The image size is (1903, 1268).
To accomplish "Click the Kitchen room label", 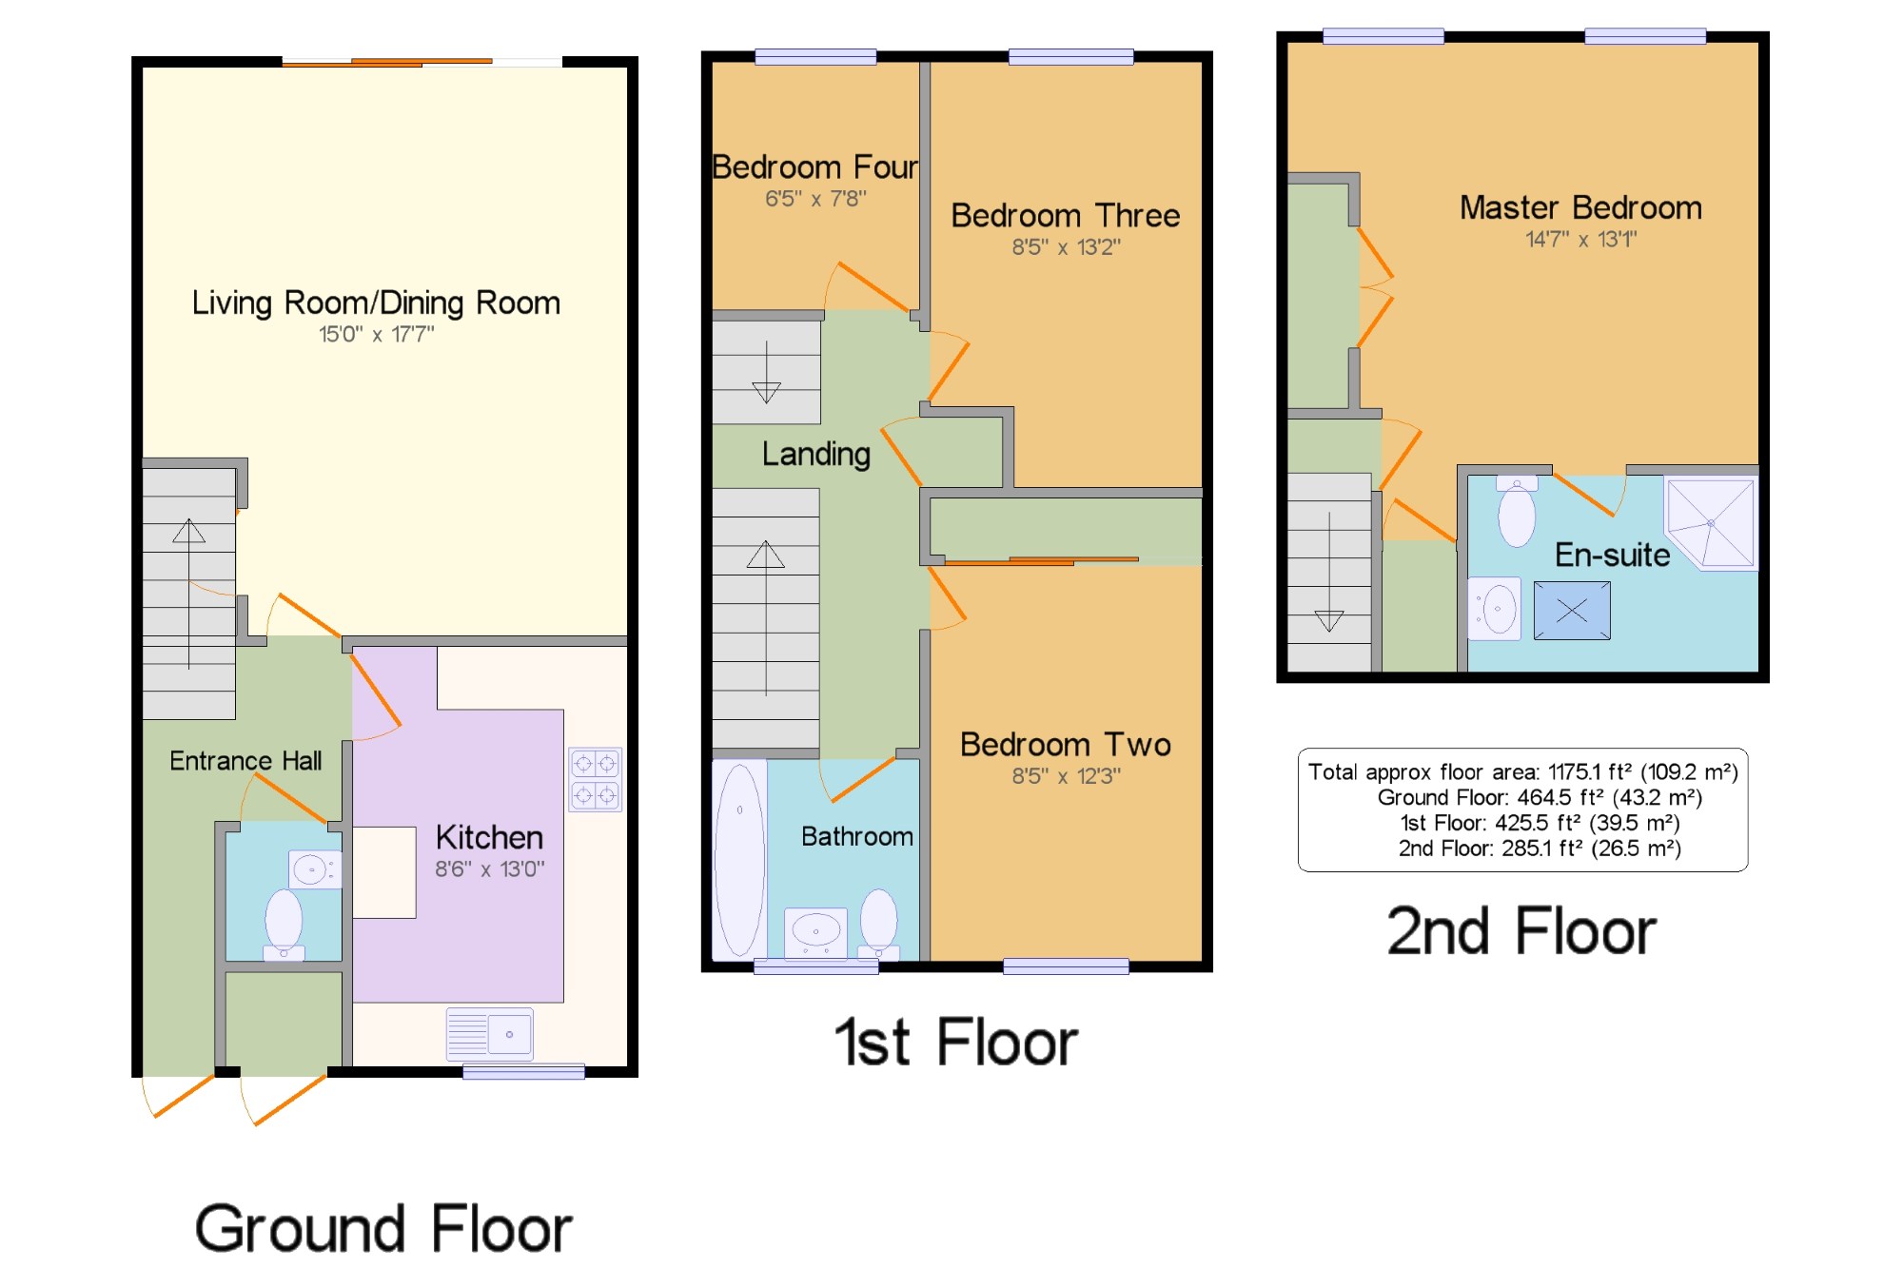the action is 489,837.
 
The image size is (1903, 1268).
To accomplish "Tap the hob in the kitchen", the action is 596,779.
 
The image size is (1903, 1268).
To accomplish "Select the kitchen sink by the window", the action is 490,1034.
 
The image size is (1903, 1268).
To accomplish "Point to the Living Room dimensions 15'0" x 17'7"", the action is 376,334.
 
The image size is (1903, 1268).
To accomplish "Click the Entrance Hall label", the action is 245,761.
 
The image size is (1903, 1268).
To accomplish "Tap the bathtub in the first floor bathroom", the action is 740,859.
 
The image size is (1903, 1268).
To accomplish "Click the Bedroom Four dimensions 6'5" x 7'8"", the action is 815,199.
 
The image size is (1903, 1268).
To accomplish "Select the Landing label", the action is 816,454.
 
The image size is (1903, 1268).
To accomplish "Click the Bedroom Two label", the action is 1066,744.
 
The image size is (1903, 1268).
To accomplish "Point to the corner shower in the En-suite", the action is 1711,523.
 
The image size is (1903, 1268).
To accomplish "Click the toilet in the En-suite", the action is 1517,512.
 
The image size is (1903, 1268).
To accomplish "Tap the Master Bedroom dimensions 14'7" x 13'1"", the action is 1581,239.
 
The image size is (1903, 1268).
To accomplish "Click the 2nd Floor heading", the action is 1521,930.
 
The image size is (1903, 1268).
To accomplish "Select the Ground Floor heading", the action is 383,1228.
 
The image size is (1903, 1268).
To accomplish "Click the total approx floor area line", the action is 1522,771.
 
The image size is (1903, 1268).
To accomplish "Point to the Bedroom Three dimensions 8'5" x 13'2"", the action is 1066,247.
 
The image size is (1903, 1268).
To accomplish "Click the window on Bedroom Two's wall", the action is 1066,966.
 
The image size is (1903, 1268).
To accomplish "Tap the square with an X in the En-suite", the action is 1572,610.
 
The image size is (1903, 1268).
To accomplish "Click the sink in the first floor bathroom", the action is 815,931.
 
